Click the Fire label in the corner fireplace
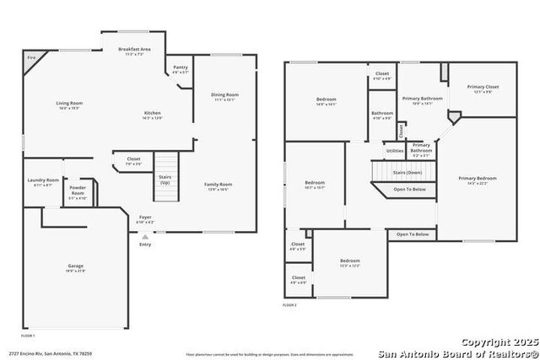[31, 57]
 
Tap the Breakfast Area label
[134, 50]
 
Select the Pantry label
[181, 67]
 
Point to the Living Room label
[70, 103]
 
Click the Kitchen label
[152, 113]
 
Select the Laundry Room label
[43, 180]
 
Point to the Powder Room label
[78, 192]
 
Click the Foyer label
[145, 218]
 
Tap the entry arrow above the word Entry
[145, 238]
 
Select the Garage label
[76, 266]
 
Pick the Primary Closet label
[483, 87]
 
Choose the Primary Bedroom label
[478, 178]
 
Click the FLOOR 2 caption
[290, 305]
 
